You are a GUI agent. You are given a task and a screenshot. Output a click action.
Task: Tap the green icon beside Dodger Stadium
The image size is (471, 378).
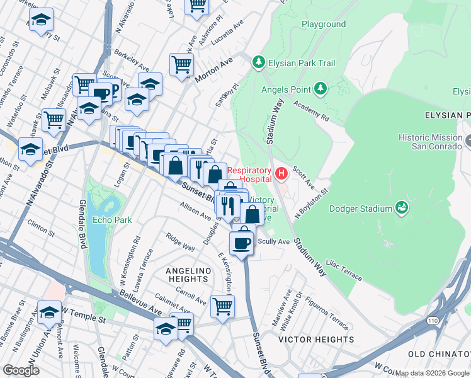(x=400, y=207)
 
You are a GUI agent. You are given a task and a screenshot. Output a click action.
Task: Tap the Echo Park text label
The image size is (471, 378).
(x=111, y=220)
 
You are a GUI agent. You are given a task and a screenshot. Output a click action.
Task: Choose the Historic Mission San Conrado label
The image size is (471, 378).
(x=431, y=142)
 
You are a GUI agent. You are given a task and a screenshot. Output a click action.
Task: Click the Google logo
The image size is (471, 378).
(x=21, y=370)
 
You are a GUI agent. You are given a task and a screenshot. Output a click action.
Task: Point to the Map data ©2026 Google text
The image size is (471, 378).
(x=432, y=373)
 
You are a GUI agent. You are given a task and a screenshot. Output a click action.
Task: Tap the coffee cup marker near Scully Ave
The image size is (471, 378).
(x=242, y=242)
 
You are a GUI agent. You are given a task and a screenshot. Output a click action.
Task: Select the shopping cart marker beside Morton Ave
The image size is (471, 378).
(x=181, y=64)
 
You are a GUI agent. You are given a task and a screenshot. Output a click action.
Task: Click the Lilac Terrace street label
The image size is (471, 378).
(x=344, y=272)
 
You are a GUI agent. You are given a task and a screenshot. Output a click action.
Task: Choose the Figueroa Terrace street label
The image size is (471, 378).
(x=327, y=314)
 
